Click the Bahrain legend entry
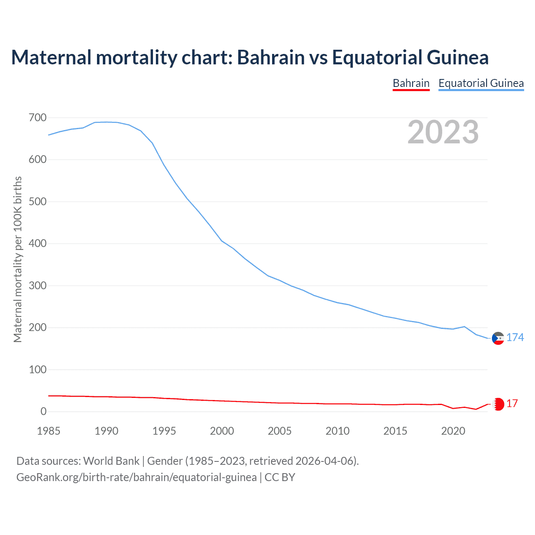tap(411, 83)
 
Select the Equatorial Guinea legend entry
tap(481, 83)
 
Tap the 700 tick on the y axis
tap(38, 118)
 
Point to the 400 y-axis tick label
tap(38, 244)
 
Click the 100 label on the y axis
tap(38, 369)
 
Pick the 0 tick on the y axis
tap(43, 412)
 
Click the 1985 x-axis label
tap(48, 431)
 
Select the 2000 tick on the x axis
tap(222, 431)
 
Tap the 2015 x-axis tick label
tap(395, 431)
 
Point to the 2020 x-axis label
tap(453, 431)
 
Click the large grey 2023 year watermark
tap(443, 132)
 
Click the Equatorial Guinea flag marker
tap(498, 338)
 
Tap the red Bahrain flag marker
tap(498, 404)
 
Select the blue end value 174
tap(515, 337)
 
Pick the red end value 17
tap(512, 403)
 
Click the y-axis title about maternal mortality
tap(18, 259)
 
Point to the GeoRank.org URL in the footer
tap(136, 477)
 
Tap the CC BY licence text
tap(280, 477)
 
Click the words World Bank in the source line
tap(111, 461)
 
